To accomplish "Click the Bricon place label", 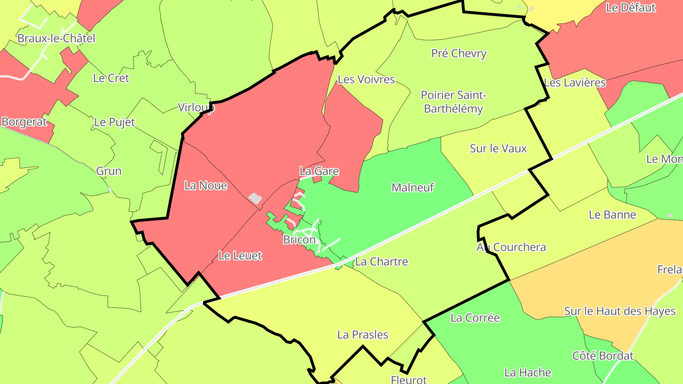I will coord(299,240).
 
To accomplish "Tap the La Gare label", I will coord(319,171).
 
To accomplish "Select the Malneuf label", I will coord(413,188).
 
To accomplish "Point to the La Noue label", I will coord(205,186).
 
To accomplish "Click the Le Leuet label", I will coord(240,256).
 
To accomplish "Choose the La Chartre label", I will coord(381,262).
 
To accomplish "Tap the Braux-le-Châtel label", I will coord(56,38).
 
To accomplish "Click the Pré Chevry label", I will coord(459,54).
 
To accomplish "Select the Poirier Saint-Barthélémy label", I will coord(453,102).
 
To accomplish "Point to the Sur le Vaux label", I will coord(498,149).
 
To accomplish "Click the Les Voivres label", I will coord(366,80).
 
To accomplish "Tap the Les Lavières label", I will coord(575,83).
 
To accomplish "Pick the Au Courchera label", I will coord(511,247).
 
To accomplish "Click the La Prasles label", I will coord(362,335).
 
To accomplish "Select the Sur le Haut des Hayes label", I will coord(619,311).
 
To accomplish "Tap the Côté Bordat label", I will coord(603,356).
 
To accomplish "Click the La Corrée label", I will coord(475,318).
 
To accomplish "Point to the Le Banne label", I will coord(612,215).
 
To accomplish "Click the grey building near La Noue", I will coord(255,199).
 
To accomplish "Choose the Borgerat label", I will coord(24,122).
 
